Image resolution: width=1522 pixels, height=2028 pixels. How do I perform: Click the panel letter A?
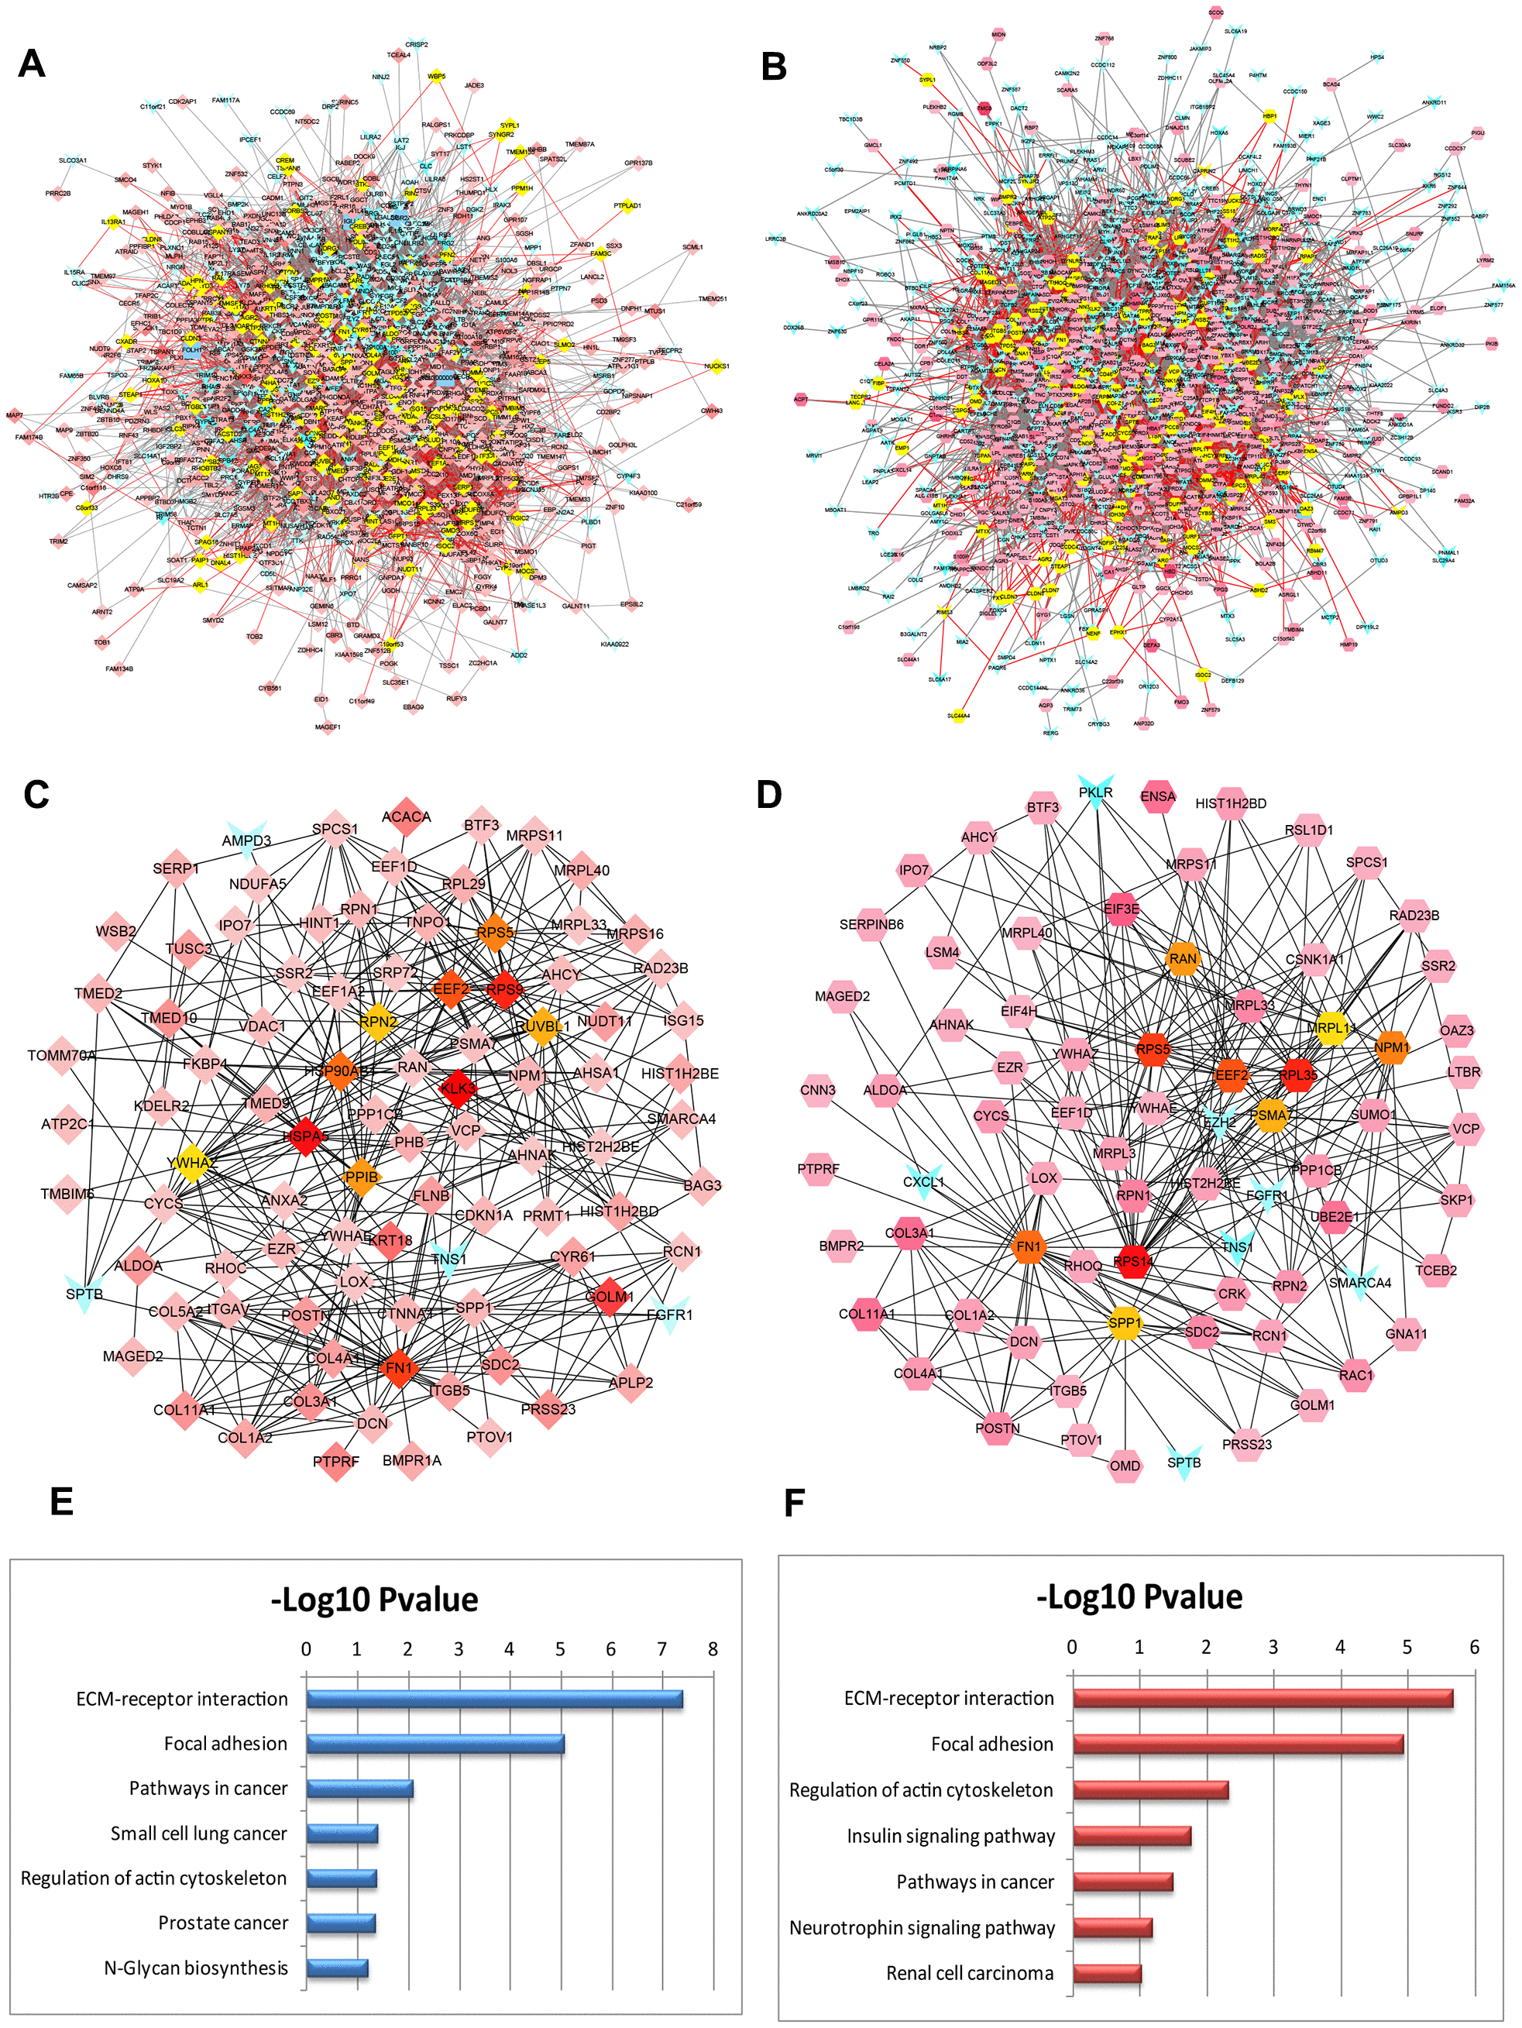[x=32, y=64]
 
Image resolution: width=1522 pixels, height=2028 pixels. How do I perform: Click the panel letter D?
[x=769, y=794]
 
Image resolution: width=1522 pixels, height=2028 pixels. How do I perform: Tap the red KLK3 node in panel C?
[x=457, y=1089]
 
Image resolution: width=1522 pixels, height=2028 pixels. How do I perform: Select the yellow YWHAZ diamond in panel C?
[x=191, y=1163]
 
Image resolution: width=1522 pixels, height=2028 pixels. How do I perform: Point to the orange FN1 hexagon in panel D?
[x=1029, y=1247]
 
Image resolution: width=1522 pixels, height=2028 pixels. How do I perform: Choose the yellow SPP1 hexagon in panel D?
[x=1124, y=1323]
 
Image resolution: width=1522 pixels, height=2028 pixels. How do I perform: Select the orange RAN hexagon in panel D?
[x=1183, y=959]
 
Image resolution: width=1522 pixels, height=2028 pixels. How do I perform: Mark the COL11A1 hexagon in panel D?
[x=868, y=1314]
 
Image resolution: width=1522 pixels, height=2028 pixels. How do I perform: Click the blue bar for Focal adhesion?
[x=435, y=1744]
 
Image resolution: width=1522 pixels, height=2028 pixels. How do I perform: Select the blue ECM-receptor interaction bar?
[x=494, y=1699]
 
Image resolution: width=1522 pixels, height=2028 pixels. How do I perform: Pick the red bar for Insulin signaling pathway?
[x=1132, y=1835]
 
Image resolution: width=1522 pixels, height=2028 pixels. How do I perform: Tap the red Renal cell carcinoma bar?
[x=1107, y=1973]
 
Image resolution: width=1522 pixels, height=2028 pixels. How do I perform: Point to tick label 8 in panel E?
[x=713, y=1649]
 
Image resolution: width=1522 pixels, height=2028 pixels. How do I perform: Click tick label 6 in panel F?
[x=1474, y=1647]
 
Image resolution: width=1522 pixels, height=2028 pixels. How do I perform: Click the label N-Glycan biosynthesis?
[x=196, y=1968]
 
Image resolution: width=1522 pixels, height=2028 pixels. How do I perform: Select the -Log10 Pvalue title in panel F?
[x=1139, y=1597]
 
